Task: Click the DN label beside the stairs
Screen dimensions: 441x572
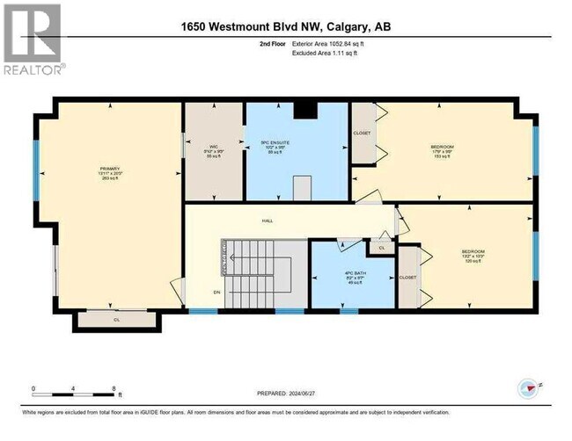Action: click(203, 293)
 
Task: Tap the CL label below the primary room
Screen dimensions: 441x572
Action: click(117, 321)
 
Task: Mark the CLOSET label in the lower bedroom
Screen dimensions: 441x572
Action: click(407, 278)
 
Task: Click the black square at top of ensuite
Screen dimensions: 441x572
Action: click(304, 110)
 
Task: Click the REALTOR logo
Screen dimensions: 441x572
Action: click(33, 40)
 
